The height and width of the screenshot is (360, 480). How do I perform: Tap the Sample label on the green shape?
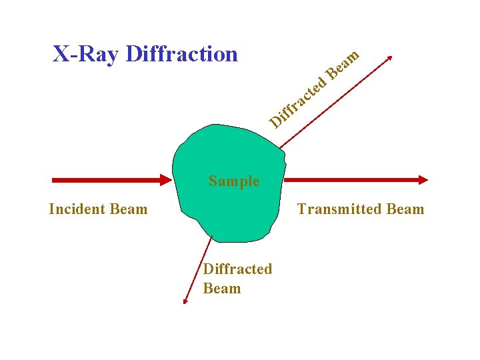click(x=233, y=181)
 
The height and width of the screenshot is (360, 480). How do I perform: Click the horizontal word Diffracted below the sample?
click(x=237, y=269)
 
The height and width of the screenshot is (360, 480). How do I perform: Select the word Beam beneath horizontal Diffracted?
click(x=221, y=289)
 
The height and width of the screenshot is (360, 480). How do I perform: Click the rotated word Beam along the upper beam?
click(x=343, y=65)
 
